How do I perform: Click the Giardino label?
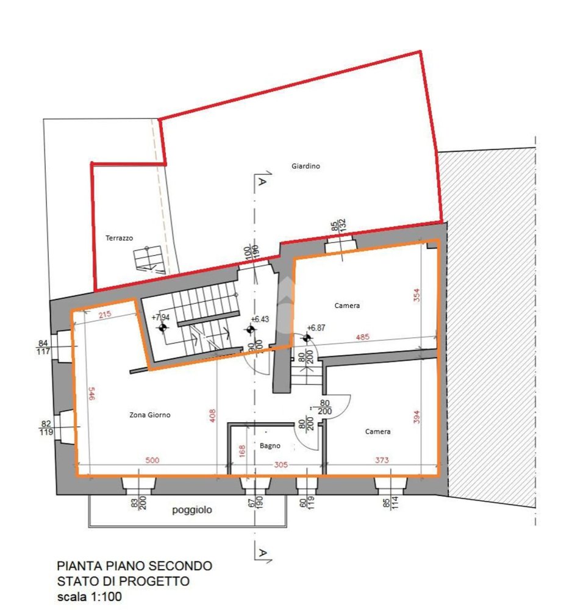pyautogui.click(x=306, y=166)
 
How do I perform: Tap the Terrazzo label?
pyautogui.click(x=119, y=239)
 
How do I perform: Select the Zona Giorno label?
pyautogui.click(x=149, y=415)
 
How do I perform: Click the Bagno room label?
pyautogui.click(x=270, y=446)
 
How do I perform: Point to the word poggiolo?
pyautogui.click(x=192, y=511)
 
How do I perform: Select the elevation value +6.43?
pyautogui.click(x=261, y=319)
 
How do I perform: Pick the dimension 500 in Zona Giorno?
pyautogui.click(x=152, y=461)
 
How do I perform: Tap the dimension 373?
pyautogui.click(x=381, y=461)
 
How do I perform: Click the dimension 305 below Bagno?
pyautogui.click(x=279, y=465)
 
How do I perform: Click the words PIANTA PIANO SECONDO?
pyautogui.click(x=134, y=566)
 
